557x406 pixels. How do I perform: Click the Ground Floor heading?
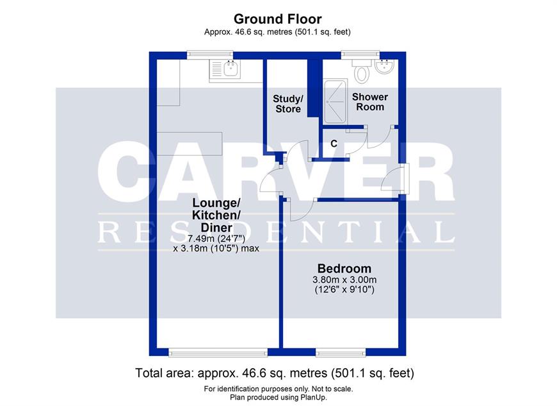(x=277, y=19)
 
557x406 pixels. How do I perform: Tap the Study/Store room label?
(x=287, y=103)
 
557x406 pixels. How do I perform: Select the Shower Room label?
(x=370, y=102)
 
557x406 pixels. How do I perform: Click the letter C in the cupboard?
(x=334, y=144)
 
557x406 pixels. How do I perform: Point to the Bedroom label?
(x=344, y=268)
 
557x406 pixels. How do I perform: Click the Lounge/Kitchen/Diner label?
(x=216, y=215)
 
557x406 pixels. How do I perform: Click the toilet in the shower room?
(x=362, y=71)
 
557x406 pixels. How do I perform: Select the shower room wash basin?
(x=384, y=66)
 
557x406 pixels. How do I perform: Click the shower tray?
(x=335, y=101)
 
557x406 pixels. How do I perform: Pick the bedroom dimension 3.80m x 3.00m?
(x=344, y=280)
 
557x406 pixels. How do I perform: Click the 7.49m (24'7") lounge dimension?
(x=216, y=239)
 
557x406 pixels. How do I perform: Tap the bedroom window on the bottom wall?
(x=341, y=353)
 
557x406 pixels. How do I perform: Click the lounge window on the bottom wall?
(x=218, y=353)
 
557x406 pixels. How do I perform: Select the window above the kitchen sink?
(x=210, y=55)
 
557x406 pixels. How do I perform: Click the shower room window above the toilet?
(x=360, y=55)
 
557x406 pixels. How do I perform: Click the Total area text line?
(x=275, y=373)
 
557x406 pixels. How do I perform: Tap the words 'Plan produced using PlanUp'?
(x=278, y=397)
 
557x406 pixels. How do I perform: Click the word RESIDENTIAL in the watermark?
(x=276, y=232)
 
